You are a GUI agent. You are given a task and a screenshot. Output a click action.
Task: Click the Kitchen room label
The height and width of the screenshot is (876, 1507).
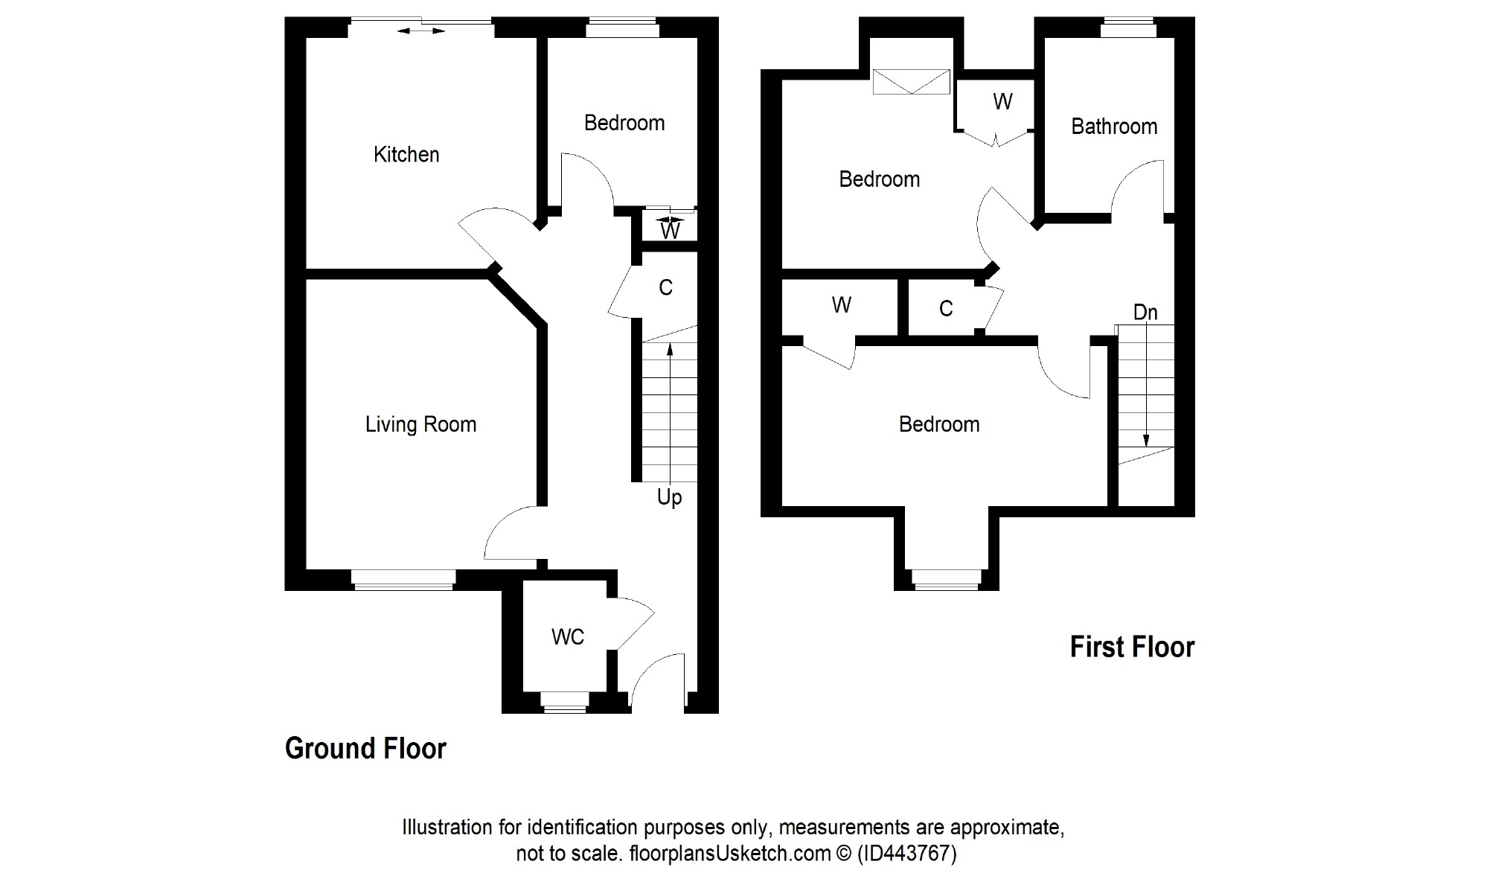pos(406,155)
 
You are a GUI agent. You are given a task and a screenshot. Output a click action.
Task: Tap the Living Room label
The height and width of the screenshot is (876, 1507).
pos(420,425)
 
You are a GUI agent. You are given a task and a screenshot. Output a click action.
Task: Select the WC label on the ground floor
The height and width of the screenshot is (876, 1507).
pos(568,637)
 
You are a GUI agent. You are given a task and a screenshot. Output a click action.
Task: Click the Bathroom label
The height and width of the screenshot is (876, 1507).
pos(1114,127)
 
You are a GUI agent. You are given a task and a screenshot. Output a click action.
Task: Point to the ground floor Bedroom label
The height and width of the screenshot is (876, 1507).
pos(624,123)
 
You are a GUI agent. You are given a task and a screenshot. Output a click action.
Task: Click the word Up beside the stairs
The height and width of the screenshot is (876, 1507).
pos(669,498)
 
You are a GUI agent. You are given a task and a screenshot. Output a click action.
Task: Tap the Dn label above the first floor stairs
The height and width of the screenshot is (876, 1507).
pos(1145,313)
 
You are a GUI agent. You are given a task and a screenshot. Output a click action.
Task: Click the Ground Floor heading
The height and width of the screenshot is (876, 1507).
pos(365,749)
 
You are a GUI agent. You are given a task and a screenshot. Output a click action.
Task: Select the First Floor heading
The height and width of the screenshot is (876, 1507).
pos(1132,648)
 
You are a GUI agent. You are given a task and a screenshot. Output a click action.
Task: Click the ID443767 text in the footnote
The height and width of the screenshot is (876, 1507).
pos(906,853)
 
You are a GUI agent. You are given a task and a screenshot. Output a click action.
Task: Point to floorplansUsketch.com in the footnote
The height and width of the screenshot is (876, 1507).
pos(730,854)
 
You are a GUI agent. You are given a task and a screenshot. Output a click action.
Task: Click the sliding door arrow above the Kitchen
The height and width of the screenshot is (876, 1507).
pos(421,31)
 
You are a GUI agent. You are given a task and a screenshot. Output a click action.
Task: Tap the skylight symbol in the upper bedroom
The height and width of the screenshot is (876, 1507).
pos(912,82)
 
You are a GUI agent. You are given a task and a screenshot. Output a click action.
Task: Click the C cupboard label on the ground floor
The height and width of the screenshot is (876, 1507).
pos(665,288)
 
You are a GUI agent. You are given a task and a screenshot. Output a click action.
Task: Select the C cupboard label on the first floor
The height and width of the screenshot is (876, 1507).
pos(946,309)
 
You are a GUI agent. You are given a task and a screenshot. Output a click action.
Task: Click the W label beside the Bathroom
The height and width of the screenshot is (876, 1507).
pos(1002,102)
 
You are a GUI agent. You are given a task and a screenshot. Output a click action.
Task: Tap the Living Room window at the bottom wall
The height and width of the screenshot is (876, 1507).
pos(403,580)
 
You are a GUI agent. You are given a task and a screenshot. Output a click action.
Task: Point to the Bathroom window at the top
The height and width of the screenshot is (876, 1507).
pos(1128,28)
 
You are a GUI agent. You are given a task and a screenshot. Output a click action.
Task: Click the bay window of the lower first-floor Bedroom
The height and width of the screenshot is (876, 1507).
pos(947,580)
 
